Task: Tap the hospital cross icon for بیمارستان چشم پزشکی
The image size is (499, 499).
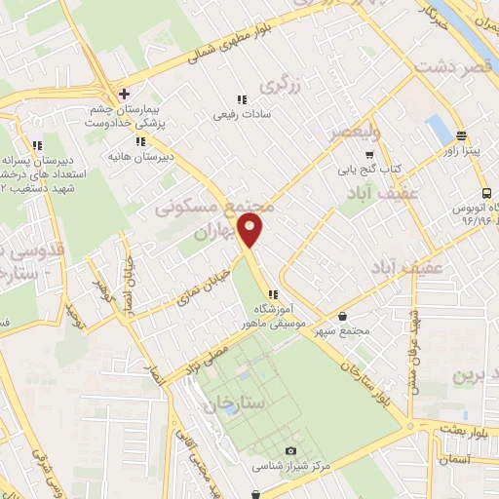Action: point(123,95)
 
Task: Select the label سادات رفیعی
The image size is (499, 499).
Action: point(240,114)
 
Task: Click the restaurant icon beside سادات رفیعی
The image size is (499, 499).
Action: point(240,98)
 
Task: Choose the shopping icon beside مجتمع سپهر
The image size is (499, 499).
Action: point(342,315)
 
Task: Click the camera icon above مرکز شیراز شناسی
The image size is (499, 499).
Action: point(290,450)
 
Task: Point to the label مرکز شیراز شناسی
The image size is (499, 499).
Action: point(290,466)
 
